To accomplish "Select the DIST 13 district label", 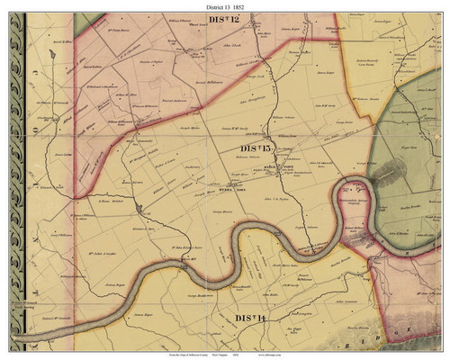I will click(257, 148).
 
